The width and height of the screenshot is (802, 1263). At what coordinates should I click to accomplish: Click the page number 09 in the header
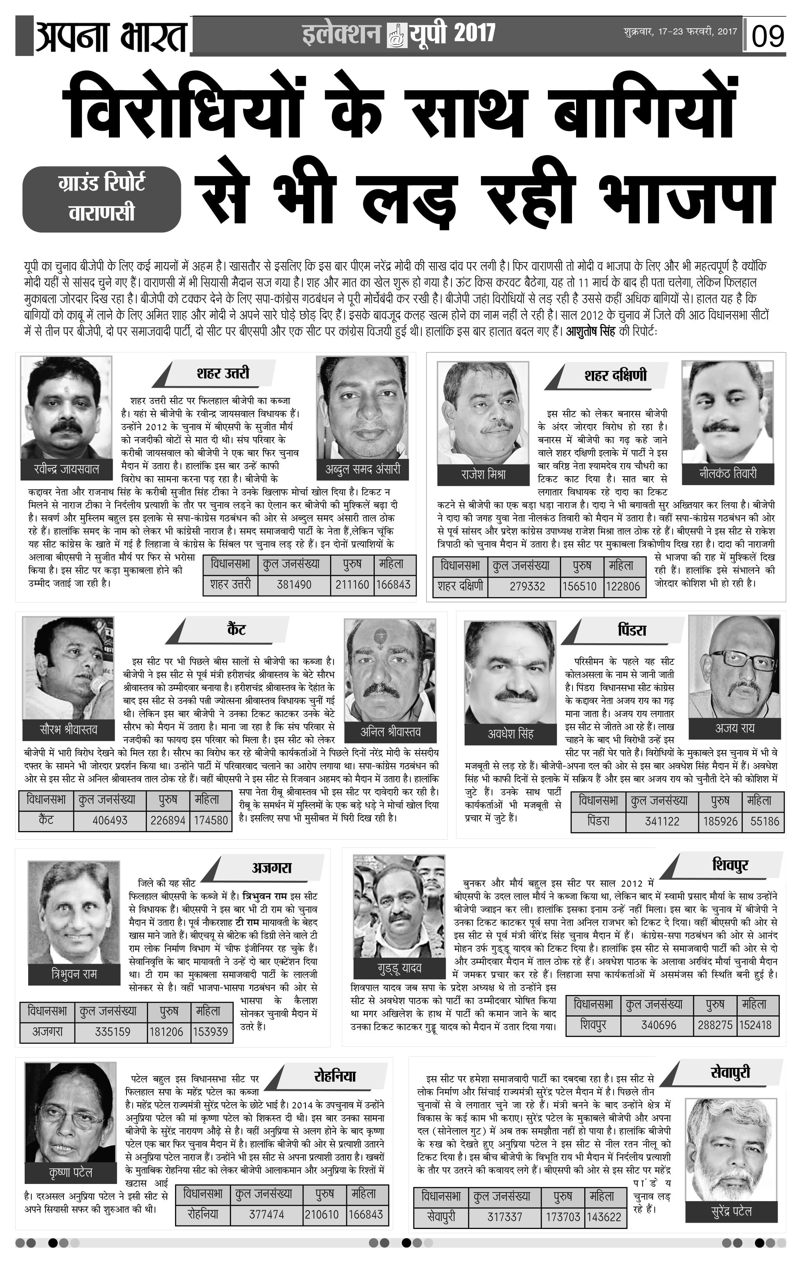tap(768, 36)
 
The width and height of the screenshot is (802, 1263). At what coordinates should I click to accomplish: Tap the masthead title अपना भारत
tap(111, 36)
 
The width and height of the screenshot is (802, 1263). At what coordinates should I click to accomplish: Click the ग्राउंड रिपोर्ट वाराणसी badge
tap(102, 199)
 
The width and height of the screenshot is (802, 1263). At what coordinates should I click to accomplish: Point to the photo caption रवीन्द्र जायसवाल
tap(66, 469)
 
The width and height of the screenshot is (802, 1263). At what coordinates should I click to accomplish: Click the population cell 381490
tap(294, 584)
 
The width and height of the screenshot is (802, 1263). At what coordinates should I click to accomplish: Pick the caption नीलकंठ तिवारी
tap(728, 473)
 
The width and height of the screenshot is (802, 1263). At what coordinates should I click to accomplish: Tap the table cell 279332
tap(527, 586)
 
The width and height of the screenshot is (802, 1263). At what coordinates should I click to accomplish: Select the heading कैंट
tap(236, 630)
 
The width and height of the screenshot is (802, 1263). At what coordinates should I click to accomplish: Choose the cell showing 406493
tap(110, 820)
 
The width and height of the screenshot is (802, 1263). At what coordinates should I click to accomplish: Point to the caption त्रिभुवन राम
tap(74, 974)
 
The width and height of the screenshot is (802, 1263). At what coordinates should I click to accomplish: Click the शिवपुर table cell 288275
tap(715, 1024)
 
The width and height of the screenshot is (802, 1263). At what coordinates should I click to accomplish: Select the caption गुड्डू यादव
tap(399, 967)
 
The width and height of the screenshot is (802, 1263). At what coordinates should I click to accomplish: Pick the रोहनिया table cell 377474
tap(266, 1214)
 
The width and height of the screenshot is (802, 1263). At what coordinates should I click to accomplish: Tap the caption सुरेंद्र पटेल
tap(731, 1212)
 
